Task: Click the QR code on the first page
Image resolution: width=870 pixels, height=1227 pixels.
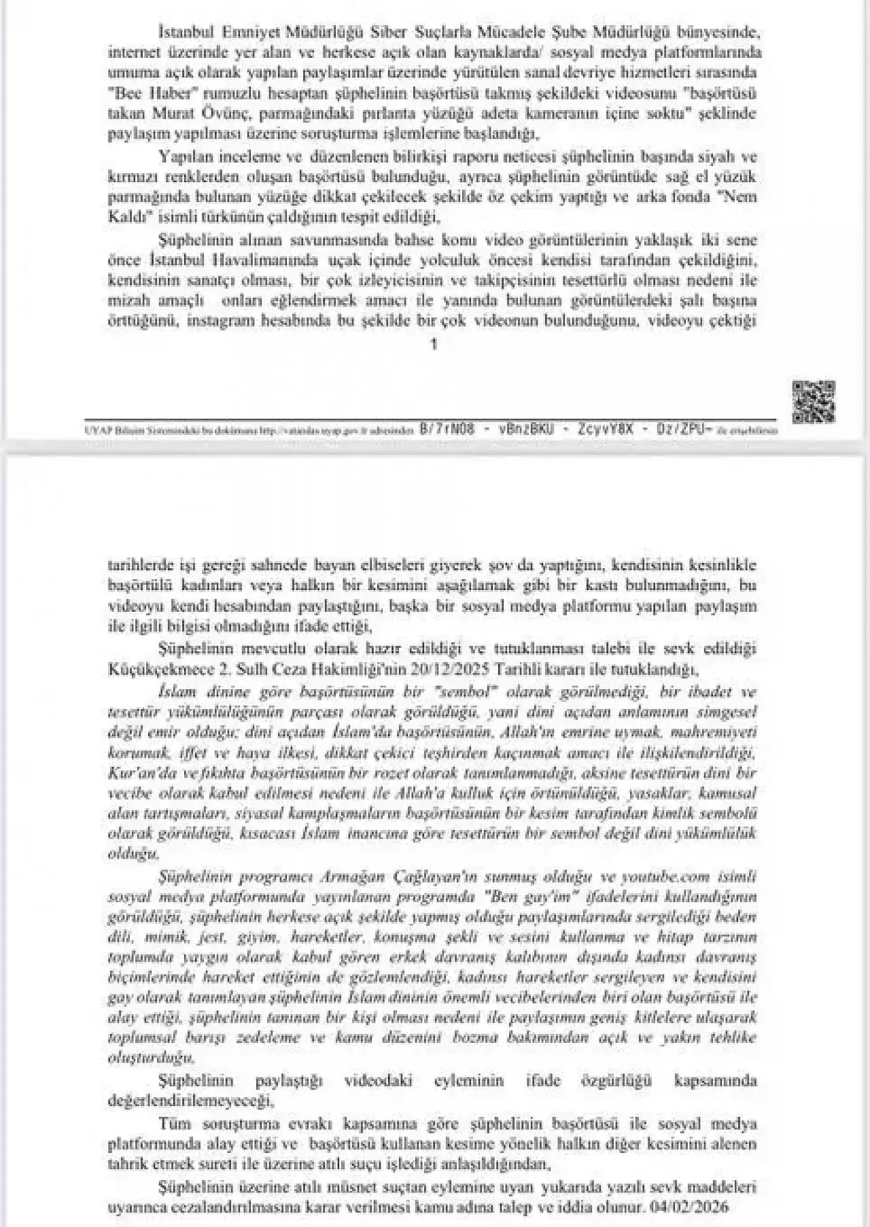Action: click(813, 402)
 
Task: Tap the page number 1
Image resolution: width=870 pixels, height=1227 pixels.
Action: click(435, 344)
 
